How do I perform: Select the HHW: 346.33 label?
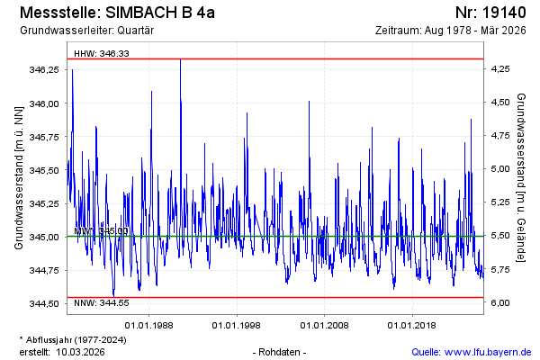[102, 53]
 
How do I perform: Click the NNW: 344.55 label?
[102, 302]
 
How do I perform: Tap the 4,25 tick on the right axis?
[499, 69]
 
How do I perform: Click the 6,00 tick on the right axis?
[499, 303]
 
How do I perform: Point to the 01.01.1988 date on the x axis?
[148, 324]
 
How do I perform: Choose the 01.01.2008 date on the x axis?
[324, 324]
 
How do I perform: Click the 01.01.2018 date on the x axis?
[411, 324]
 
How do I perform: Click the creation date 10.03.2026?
[80, 351]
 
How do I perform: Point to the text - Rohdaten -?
[281, 351]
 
